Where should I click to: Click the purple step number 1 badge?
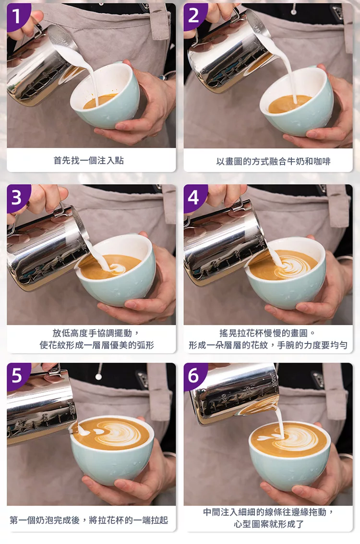tap(17, 15)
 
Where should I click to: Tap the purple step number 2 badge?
tap(194, 15)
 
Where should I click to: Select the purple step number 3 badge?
tap(17, 197)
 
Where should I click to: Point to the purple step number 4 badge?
tap(194, 197)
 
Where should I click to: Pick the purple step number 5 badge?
tap(17, 376)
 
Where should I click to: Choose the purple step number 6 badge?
tap(194, 376)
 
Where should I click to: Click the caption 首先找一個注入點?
tap(88, 160)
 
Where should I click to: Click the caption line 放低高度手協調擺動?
tap(96, 333)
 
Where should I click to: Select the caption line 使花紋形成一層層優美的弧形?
tap(96, 345)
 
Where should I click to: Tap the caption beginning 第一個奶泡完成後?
tap(89, 520)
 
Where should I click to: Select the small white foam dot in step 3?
tap(118, 268)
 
